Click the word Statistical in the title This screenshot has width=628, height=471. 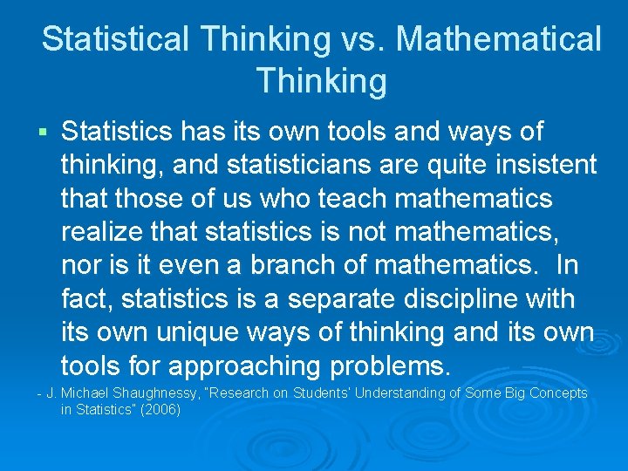[114, 39]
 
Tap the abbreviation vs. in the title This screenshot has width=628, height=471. [360, 39]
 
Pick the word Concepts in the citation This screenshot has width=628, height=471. [556, 393]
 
